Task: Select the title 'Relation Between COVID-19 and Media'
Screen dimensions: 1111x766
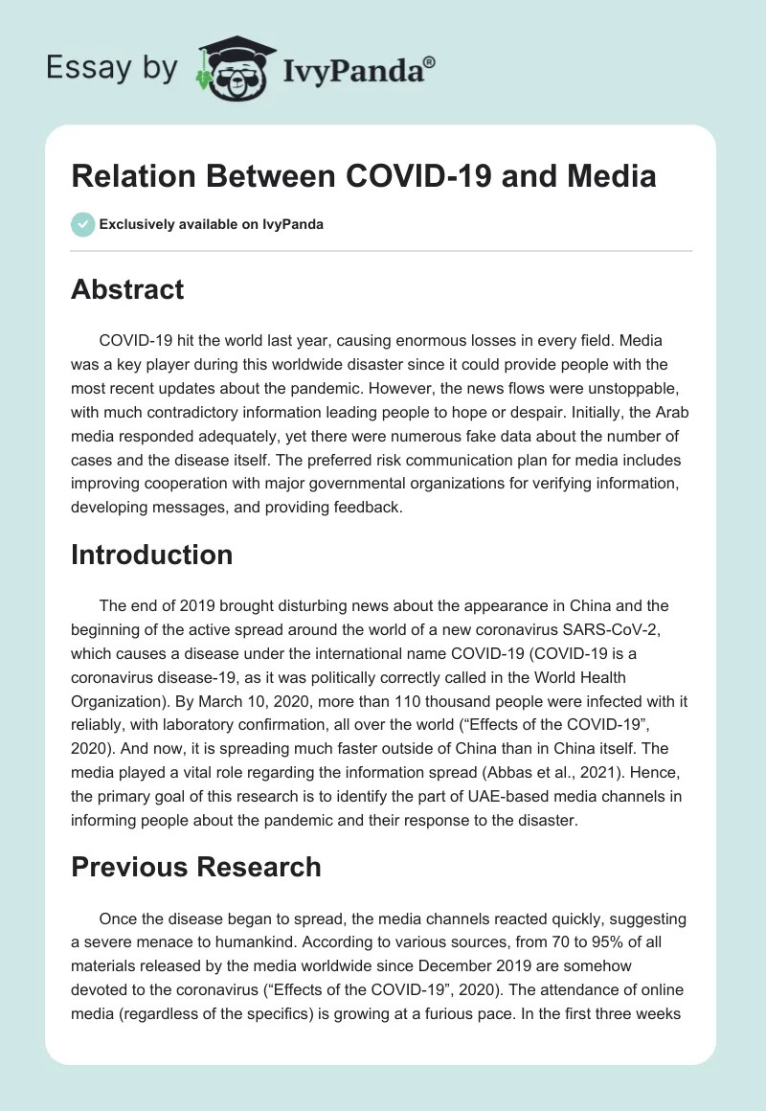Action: coord(363,177)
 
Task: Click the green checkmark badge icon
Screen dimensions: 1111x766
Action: coord(82,224)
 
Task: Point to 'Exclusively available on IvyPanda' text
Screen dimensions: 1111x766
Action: coord(212,224)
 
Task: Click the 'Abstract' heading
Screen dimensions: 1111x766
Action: coord(127,289)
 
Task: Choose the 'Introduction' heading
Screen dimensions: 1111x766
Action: coord(151,555)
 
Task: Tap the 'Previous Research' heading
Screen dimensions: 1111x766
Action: coord(195,867)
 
